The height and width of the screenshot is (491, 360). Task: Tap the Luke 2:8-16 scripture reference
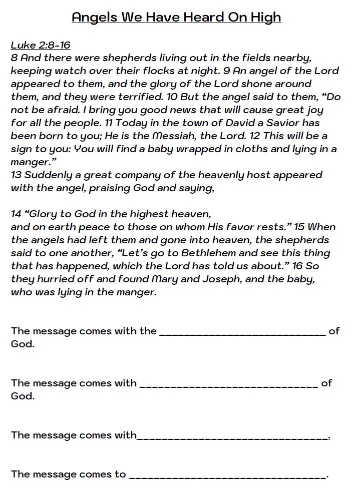coord(41,45)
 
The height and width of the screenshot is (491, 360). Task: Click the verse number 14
coord(17,214)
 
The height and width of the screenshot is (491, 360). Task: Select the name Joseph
coord(218,279)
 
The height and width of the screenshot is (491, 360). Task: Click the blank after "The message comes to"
coord(227,475)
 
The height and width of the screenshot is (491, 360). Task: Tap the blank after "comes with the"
coord(242,332)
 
